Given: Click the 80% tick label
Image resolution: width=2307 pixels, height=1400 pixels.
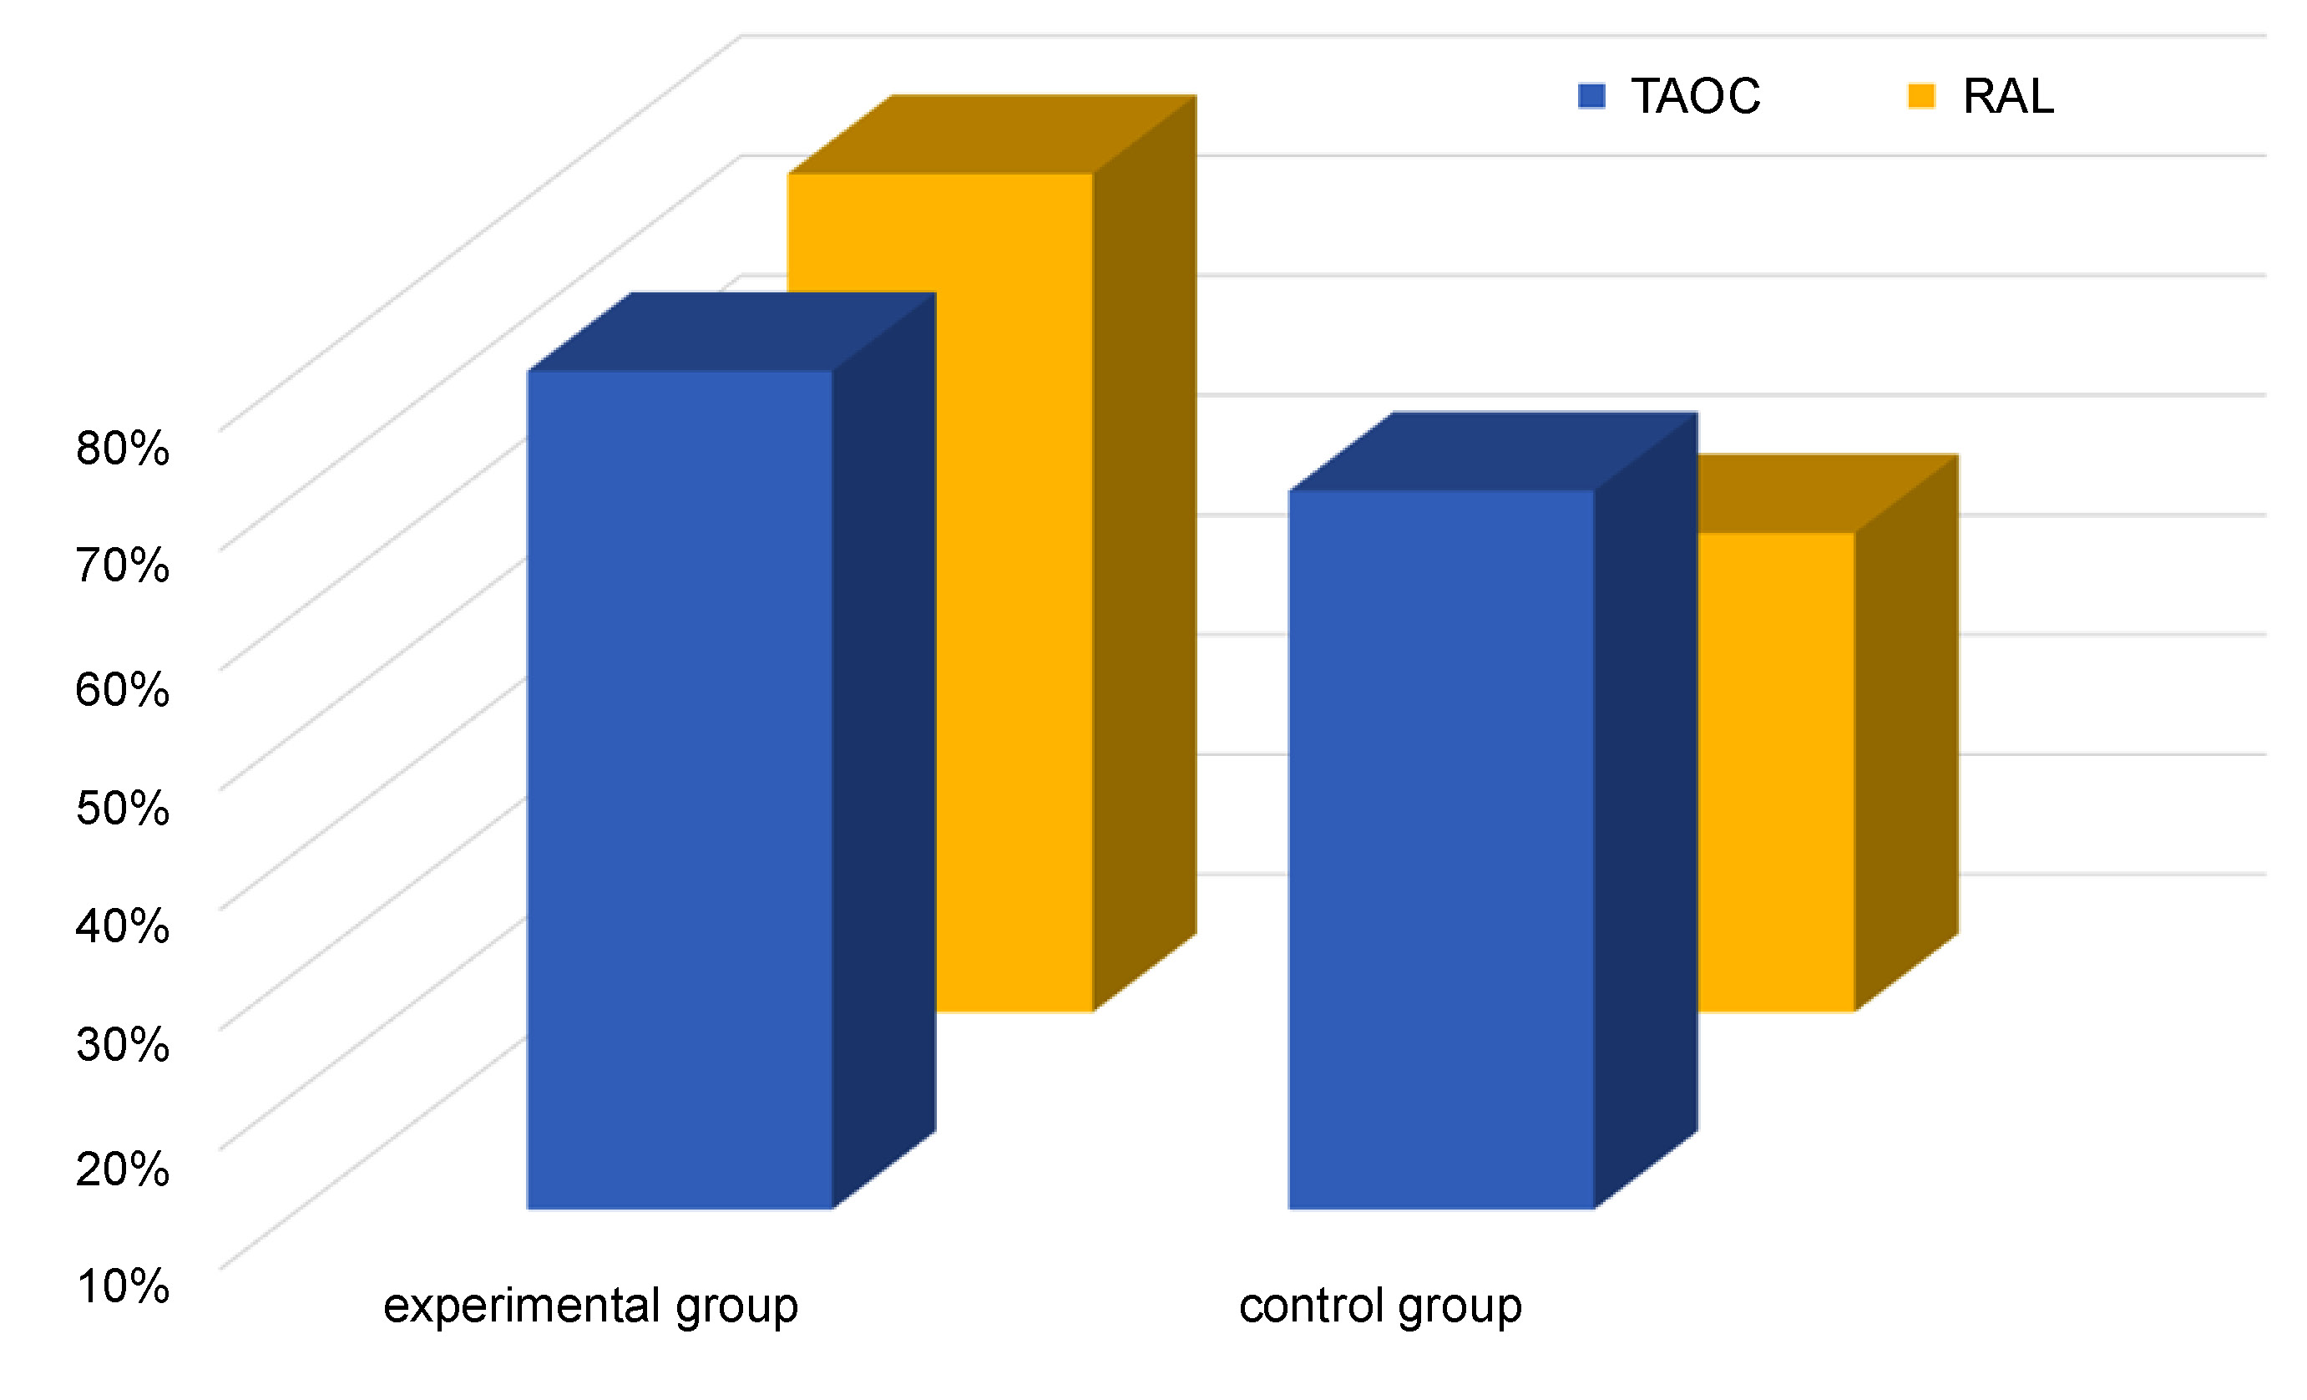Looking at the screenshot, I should point(123,449).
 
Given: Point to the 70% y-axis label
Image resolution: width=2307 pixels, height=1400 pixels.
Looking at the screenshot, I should point(123,566).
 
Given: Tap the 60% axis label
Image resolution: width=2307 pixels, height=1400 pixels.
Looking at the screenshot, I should point(123,690).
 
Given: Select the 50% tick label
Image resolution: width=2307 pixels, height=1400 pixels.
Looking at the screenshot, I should point(123,807).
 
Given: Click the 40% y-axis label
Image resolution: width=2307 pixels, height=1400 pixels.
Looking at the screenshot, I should point(123,926).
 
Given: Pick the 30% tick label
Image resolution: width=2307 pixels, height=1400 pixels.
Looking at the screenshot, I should point(123,1044).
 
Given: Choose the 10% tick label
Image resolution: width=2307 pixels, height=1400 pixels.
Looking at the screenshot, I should point(123,1286).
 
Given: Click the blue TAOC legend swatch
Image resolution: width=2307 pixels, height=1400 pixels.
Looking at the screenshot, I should point(1591,96).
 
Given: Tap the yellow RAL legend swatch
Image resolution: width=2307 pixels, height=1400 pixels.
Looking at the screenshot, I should point(1921,96).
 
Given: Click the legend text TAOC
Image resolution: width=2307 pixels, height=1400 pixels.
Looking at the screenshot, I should point(1696,96).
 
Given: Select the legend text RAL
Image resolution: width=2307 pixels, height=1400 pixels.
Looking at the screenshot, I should point(2008,96).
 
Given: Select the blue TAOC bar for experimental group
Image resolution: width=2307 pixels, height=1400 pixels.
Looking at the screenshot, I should point(680,789).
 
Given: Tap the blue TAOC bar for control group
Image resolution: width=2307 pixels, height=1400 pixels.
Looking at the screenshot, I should point(1441,850).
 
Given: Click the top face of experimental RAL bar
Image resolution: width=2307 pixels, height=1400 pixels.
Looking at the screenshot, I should point(993,134).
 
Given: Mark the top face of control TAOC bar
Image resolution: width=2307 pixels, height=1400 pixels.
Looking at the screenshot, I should point(1494,450).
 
